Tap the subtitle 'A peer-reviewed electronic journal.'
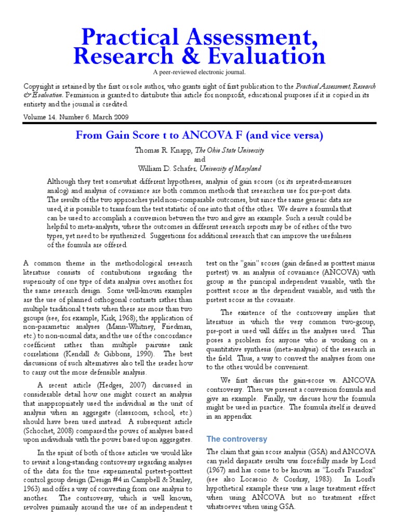(199, 72)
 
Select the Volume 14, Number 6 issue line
(76, 117)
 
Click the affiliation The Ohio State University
(229, 150)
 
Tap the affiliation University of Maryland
(232, 168)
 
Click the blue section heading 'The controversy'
(237, 439)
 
